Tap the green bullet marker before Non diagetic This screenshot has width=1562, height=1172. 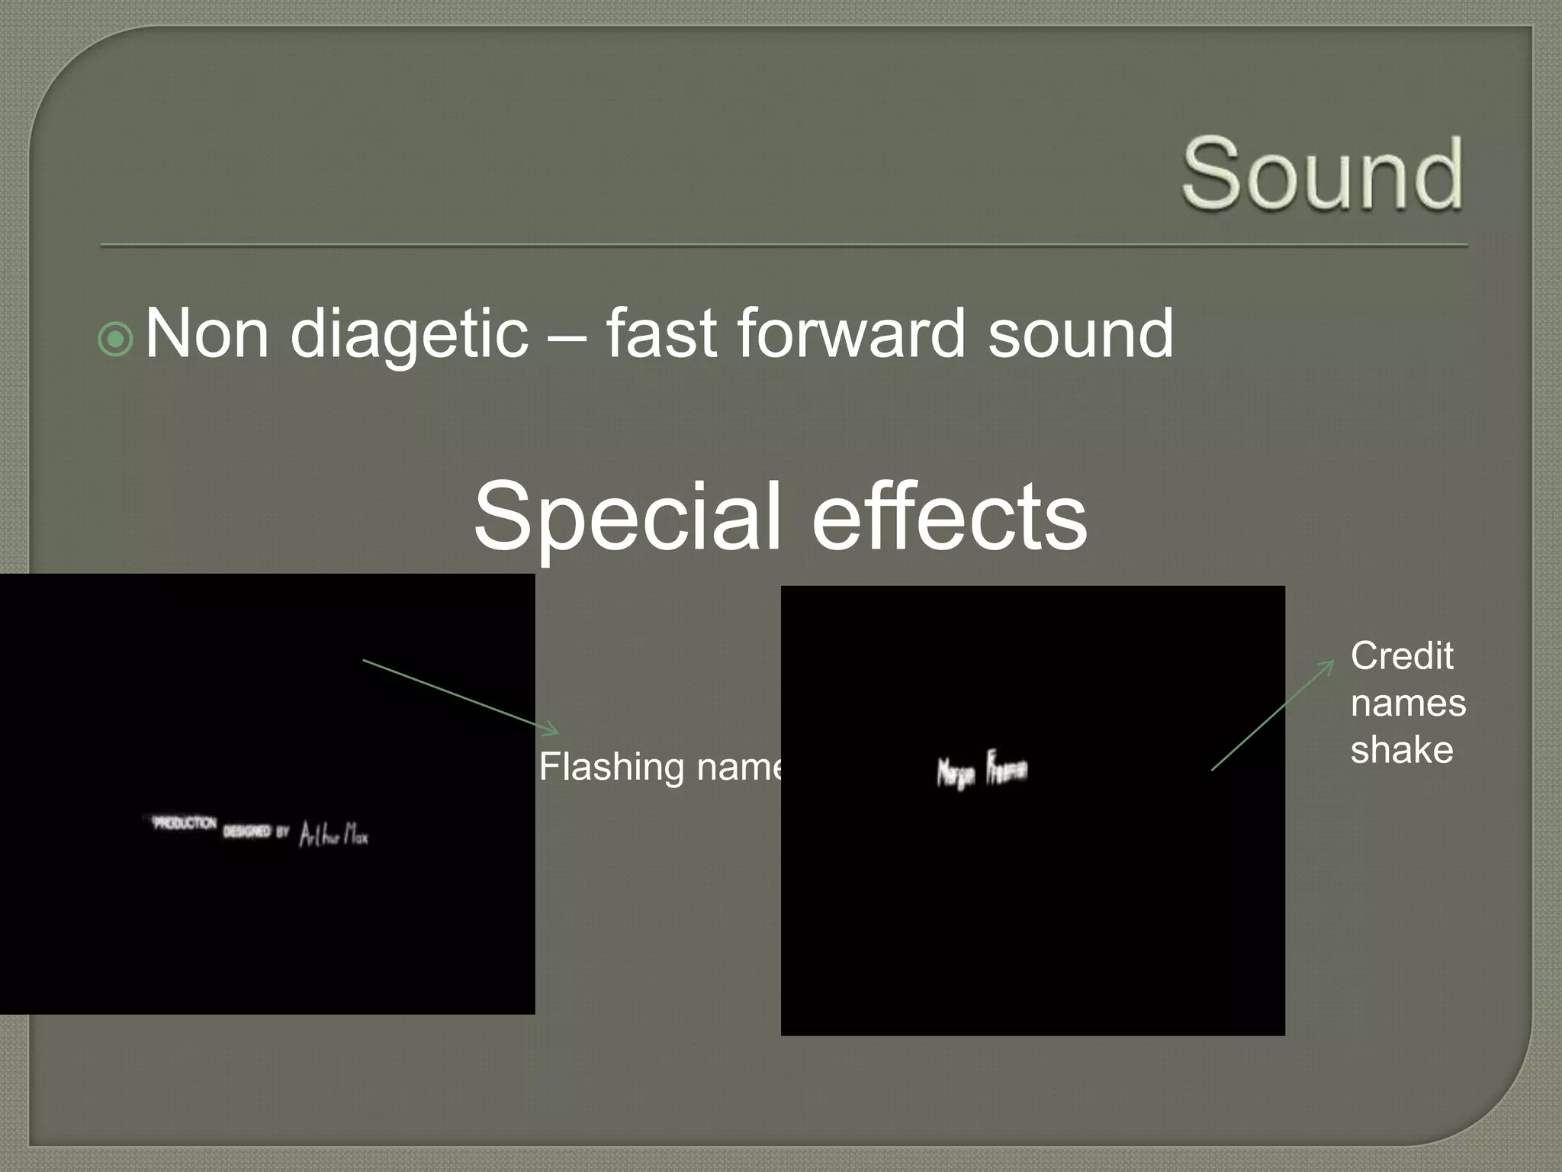point(116,340)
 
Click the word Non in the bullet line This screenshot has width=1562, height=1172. point(207,334)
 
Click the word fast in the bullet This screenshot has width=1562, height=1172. point(661,333)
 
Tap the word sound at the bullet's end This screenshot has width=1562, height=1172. point(1080,334)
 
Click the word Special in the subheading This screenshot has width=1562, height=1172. point(627,517)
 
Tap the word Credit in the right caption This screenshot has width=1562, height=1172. point(1401,656)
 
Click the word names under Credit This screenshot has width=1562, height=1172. point(1408,703)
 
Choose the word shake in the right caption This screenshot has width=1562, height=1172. point(1401,749)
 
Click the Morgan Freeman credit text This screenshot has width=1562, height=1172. point(982,769)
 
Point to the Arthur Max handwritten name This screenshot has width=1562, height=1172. point(333,834)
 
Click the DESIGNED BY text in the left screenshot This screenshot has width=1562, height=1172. point(256,831)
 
